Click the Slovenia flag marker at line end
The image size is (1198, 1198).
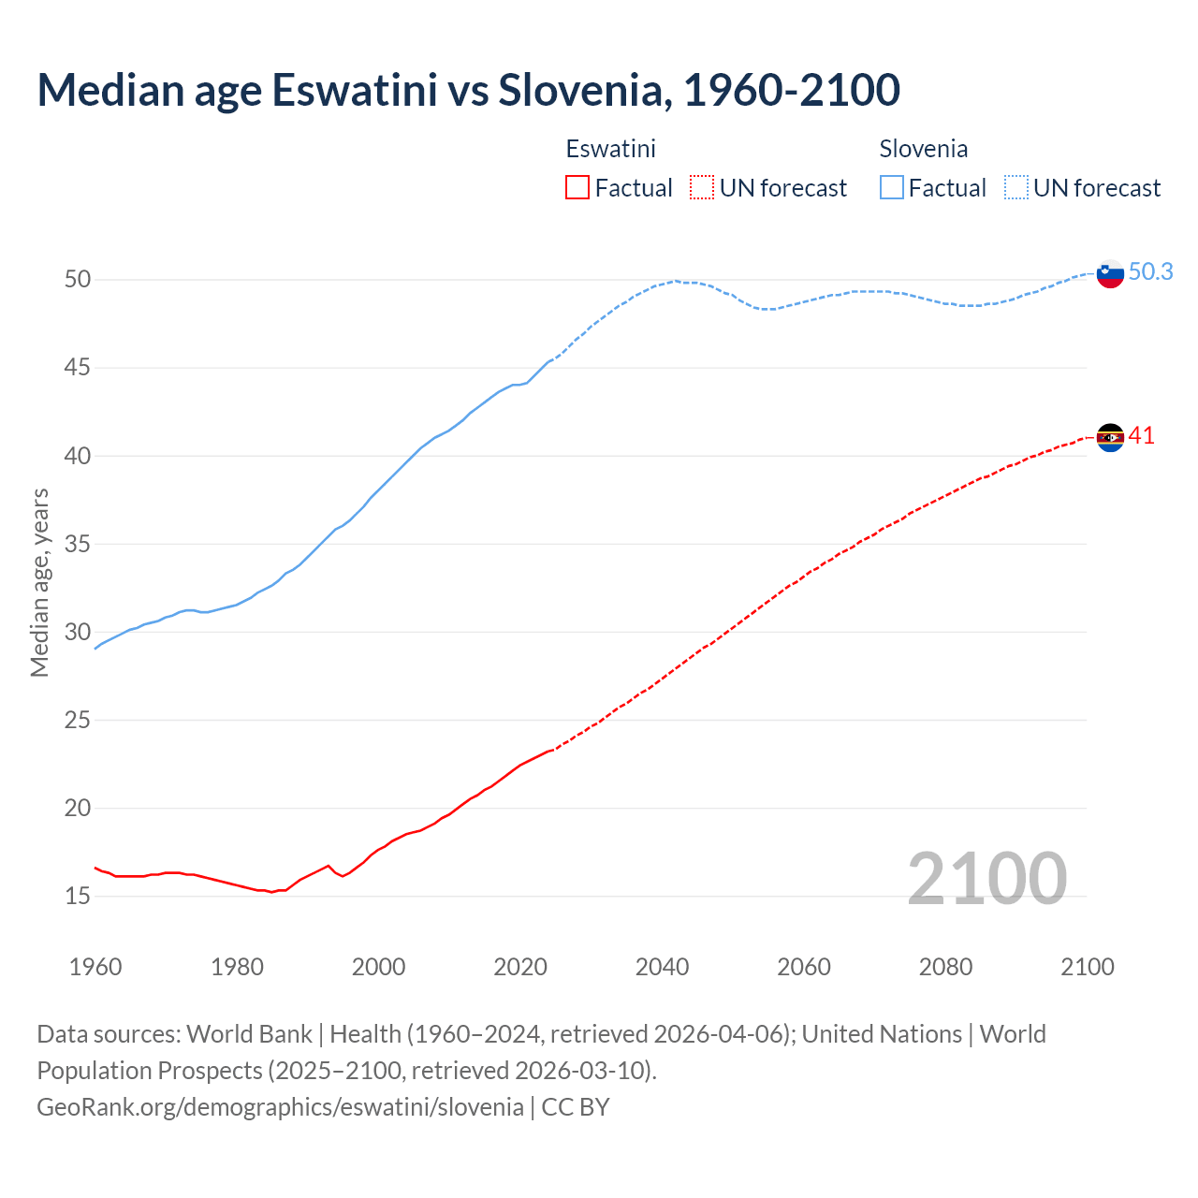(1110, 274)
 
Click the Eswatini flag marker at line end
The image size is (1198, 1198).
(1110, 437)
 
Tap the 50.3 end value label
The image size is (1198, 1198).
(1150, 271)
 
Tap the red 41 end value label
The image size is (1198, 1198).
(1141, 435)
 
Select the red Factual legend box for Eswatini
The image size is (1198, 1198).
(577, 188)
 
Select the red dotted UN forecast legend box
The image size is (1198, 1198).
(702, 188)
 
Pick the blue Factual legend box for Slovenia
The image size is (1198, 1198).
(892, 188)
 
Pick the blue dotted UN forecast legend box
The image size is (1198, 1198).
(1016, 188)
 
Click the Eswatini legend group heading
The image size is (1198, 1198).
(610, 149)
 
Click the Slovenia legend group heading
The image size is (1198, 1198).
(923, 149)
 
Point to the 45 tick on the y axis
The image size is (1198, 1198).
(78, 368)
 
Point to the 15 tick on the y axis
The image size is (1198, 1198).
(78, 897)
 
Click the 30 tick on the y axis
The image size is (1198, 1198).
(78, 633)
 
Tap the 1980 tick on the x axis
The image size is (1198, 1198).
(237, 967)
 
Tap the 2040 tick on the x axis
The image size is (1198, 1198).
(662, 967)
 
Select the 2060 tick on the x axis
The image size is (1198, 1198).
(804, 967)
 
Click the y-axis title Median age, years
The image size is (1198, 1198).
(39, 582)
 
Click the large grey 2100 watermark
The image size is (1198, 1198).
(986, 878)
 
